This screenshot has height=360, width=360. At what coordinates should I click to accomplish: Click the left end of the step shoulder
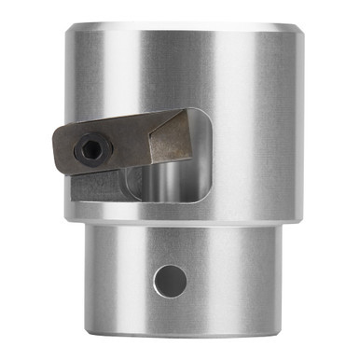(x=67, y=218)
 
